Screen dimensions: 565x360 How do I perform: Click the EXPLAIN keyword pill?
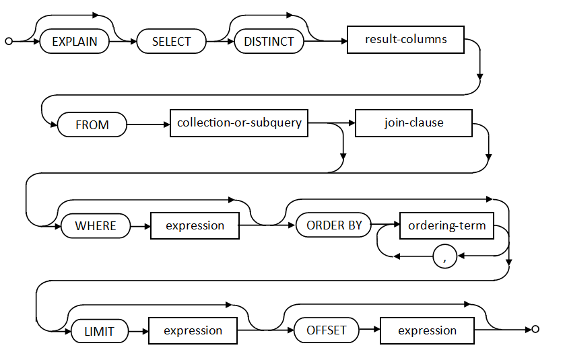click(x=74, y=42)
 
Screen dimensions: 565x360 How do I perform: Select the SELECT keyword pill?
click(x=172, y=42)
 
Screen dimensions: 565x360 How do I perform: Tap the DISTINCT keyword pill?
click(x=269, y=42)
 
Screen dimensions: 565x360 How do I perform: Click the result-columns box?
click(x=405, y=40)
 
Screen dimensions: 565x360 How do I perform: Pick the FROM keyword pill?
click(x=92, y=124)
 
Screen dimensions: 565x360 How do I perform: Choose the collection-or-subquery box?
click(x=239, y=123)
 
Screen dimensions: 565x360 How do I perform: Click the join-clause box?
click(x=413, y=123)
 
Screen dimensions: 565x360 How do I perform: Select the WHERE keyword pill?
click(x=96, y=225)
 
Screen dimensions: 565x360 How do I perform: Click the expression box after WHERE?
click(x=195, y=225)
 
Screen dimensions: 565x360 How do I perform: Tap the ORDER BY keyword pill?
click(x=333, y=225)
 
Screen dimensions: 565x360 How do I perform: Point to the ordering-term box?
click(x=446, y=225)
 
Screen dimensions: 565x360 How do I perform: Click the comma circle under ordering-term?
click(x=445, y=256)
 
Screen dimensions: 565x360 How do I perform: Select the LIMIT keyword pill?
click(x=100, y=331)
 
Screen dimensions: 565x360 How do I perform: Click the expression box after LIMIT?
click(x=193, y=330)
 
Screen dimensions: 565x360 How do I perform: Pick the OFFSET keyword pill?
click(x=327, y=330)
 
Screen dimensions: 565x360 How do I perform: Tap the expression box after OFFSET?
click(x=428, y=330)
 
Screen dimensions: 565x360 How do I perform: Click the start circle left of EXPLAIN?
click(x=9, y=42)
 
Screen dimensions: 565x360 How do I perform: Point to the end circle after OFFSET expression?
click(x=535, y=329)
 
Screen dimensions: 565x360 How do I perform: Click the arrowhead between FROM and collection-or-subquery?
click(x=167, y=124)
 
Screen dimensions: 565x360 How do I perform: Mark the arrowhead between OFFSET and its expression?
click(x=377, y=330)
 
